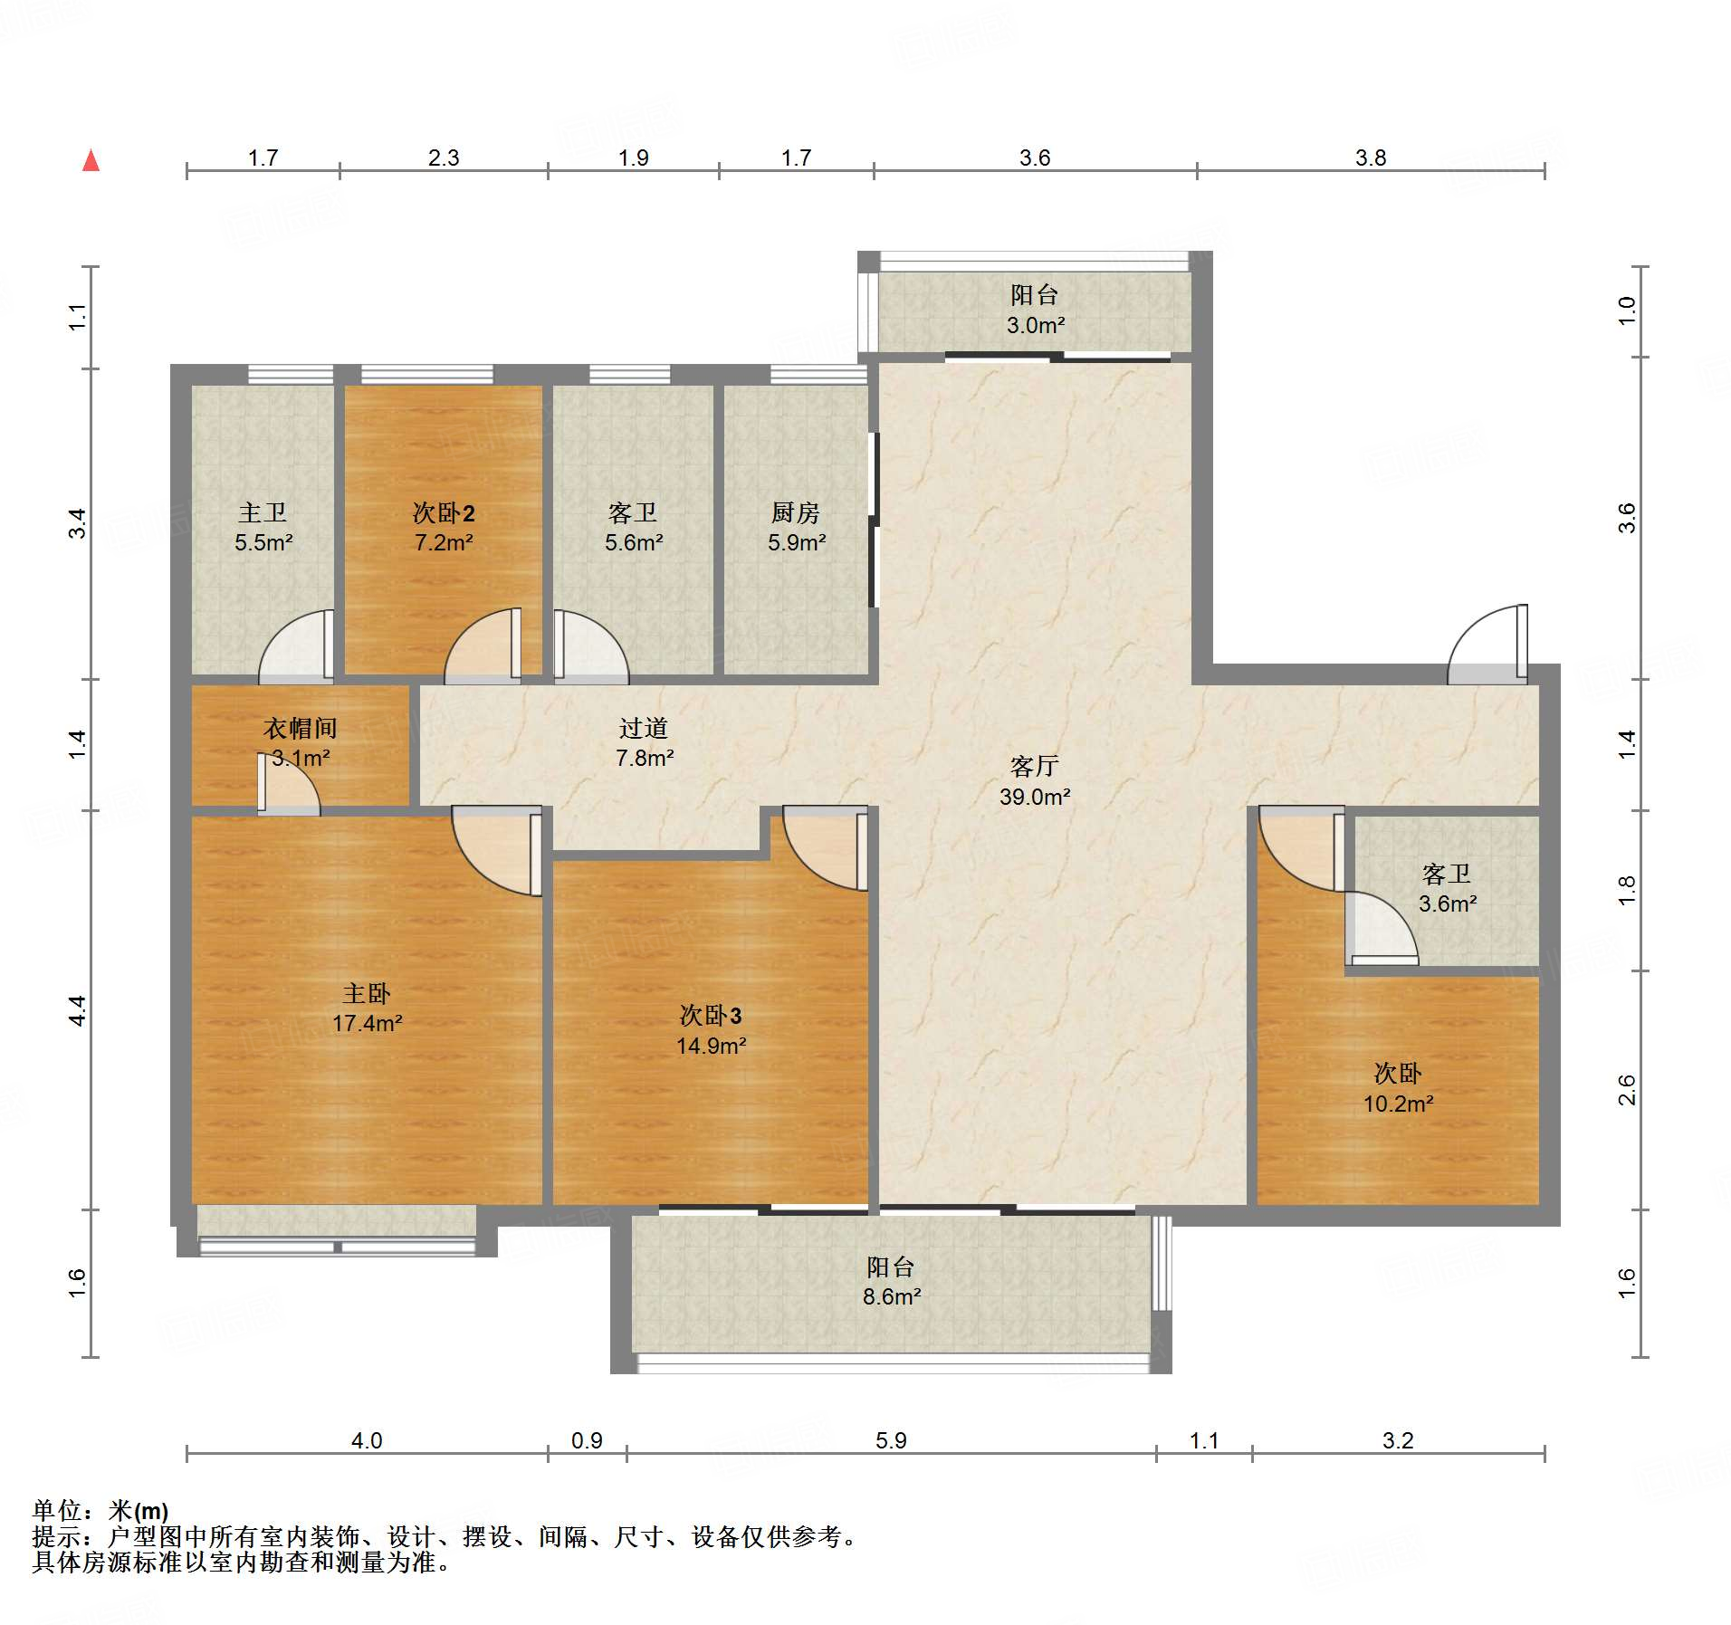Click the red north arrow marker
click(91, 160)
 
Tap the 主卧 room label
click(367, 993)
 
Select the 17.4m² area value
click(367, 1023)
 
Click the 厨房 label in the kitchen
click(796, 512)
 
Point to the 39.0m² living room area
click(1035, 797)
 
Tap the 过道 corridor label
click(644, 728)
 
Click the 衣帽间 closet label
click(301, 728)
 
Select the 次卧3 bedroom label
click(711, 1016)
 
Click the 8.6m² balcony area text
click(892, 1296)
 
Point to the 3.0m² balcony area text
click(1036, 325)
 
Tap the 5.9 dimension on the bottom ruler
click(891, 1440)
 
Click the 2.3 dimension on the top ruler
click(444, 158)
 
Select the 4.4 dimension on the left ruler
click(78, 1010)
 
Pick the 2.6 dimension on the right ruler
click(1627, 1090)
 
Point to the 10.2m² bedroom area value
click(1399, 1104)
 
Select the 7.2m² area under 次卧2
click(444, 542)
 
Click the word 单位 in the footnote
click(57, 1511)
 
